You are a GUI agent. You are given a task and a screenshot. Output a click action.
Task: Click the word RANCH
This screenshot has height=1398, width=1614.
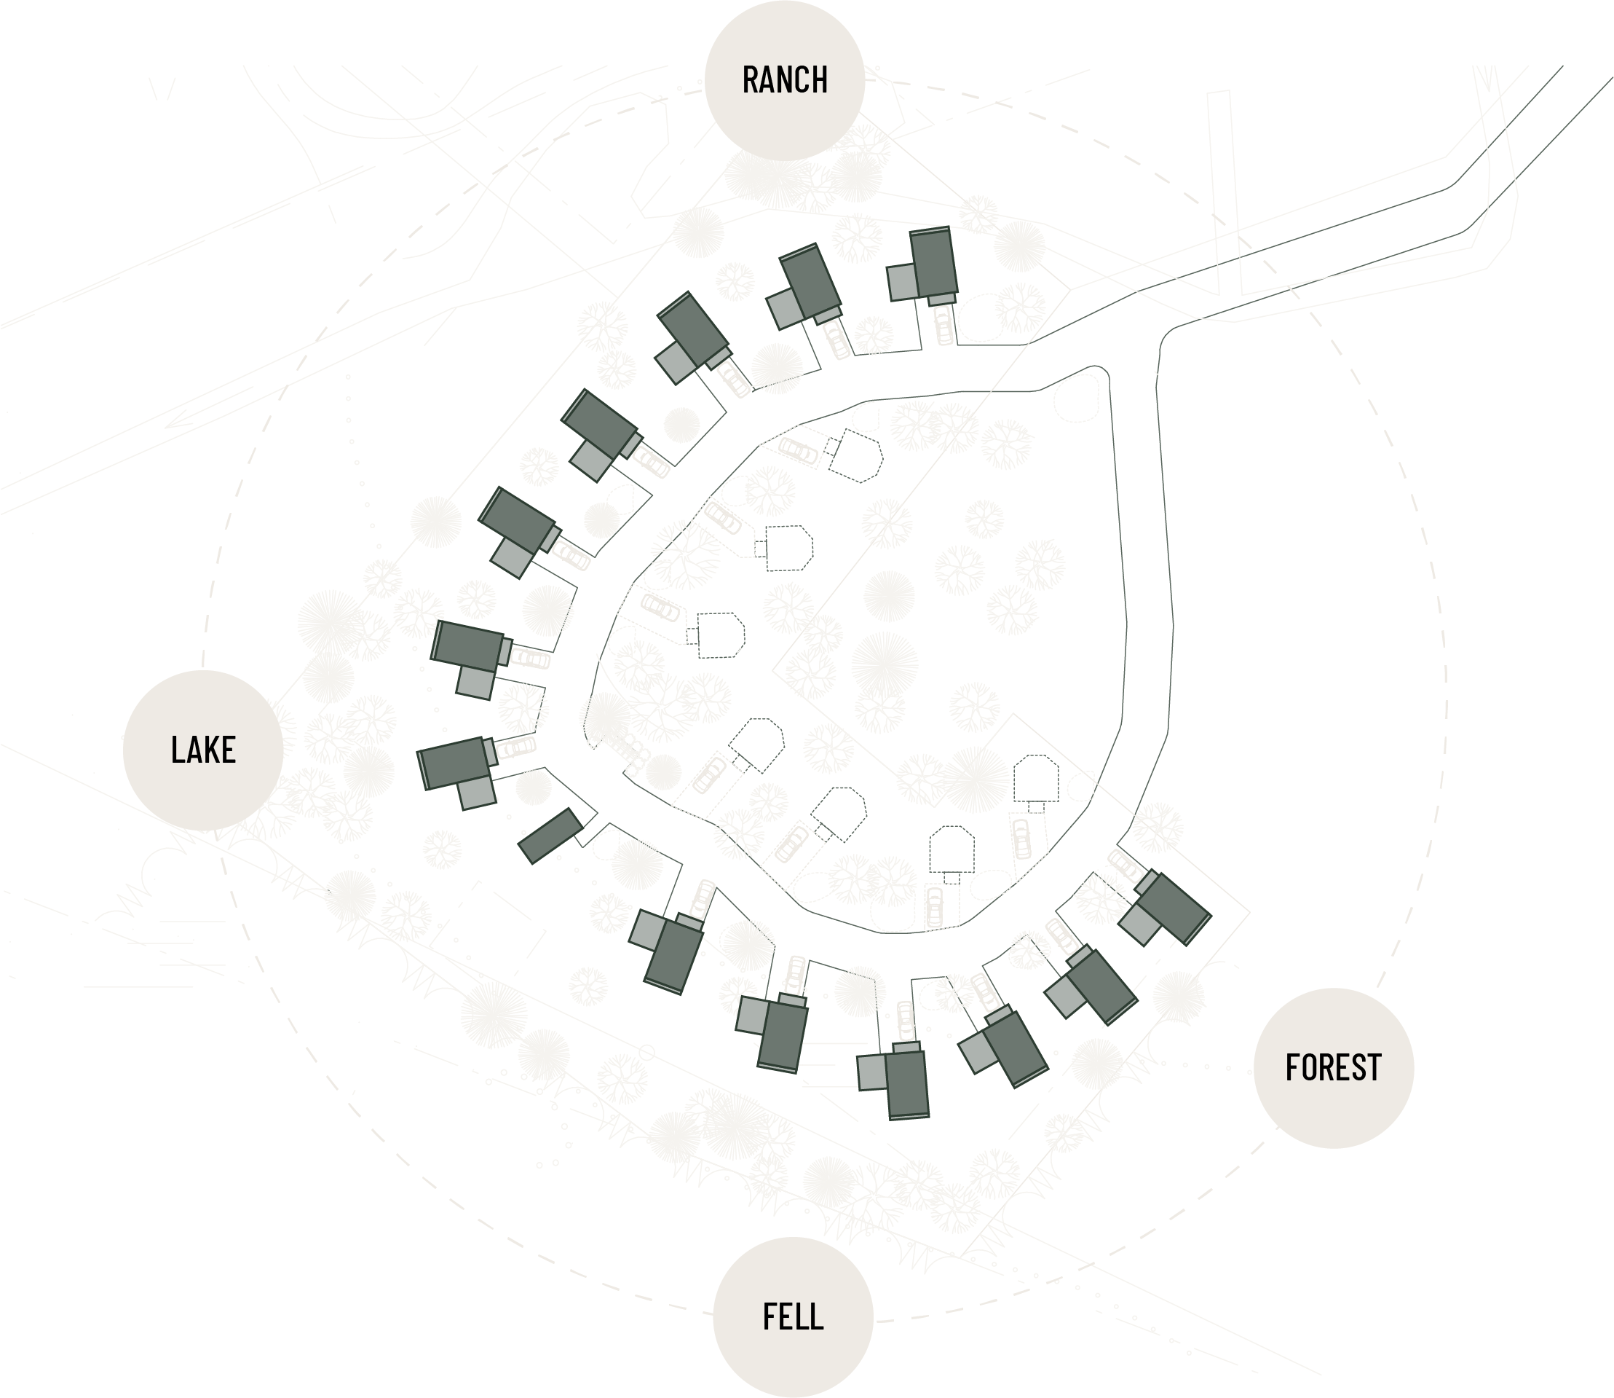[x=784, y=80]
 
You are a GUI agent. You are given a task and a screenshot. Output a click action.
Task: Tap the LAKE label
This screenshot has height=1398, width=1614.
[x=202, y=750]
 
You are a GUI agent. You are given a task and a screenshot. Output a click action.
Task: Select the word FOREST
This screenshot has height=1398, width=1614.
[x=1333, y=1068]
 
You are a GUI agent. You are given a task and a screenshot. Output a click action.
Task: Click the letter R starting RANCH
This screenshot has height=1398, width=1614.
[x=750, y=80]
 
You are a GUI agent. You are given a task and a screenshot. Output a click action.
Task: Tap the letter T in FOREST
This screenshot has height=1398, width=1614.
[x=1374, y=1068]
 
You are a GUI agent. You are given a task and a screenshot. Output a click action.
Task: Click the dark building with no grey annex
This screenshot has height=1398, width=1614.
[x=551, y=836]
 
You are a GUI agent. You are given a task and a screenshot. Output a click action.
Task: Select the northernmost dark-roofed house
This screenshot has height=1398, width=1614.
[x=933, y=263]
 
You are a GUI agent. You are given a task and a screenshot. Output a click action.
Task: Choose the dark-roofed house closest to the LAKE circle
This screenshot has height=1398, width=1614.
[x=454, y=763]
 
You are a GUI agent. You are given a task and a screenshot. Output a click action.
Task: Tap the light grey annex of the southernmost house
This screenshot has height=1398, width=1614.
[x=872, y=1072]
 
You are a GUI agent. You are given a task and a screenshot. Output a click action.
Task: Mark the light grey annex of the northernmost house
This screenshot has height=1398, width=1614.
[x=902, y=282]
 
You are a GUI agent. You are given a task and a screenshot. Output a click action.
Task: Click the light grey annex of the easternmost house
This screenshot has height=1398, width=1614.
[x=1141, y=925]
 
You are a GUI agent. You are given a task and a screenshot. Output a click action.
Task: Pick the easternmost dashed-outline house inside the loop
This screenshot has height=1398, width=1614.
[x=1036, y=778]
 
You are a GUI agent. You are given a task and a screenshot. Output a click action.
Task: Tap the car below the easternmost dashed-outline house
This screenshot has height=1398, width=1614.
[x=1021, y=838]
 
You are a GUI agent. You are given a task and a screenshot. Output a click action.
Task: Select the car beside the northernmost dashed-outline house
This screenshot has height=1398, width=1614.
[x=799, y=450]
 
